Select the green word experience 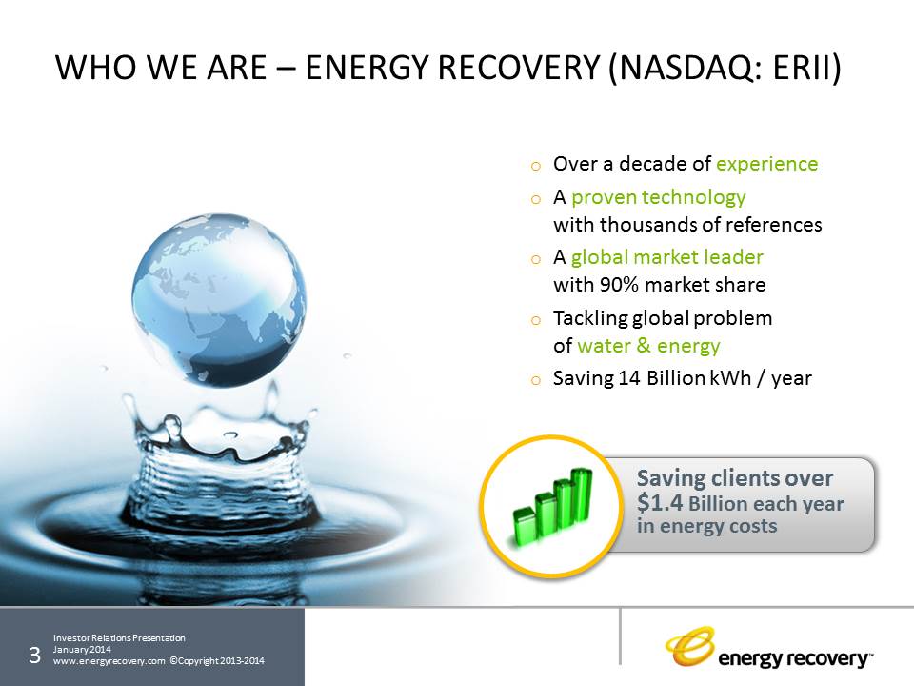pyautogui.click(x=767, y=165)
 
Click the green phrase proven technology pyautogui.click(x=659, y=198)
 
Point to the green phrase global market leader pyautogui.click(x=666, y=257)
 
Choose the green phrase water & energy pyautogui.click(x=648, y=346)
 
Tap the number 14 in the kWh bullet pyautogui.click(x=629, y=378)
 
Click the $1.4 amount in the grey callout pyautogui.click(x=659, y=503)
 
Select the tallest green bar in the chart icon pyautogui.click(x=581, y=497)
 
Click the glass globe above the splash pyautogui.click(x=219, y=300)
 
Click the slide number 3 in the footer pyautogui.click(x=34, y=656)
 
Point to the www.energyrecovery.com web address pyautogui.click(x=109, y=661)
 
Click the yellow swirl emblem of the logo pyautogui.click(x=689, y=646)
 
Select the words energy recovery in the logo pyautogui.click(x=793, y=658)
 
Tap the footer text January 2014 pyautogui.click(x=82, y=649)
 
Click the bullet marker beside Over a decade pyautogui.click(x=536, y=166)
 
